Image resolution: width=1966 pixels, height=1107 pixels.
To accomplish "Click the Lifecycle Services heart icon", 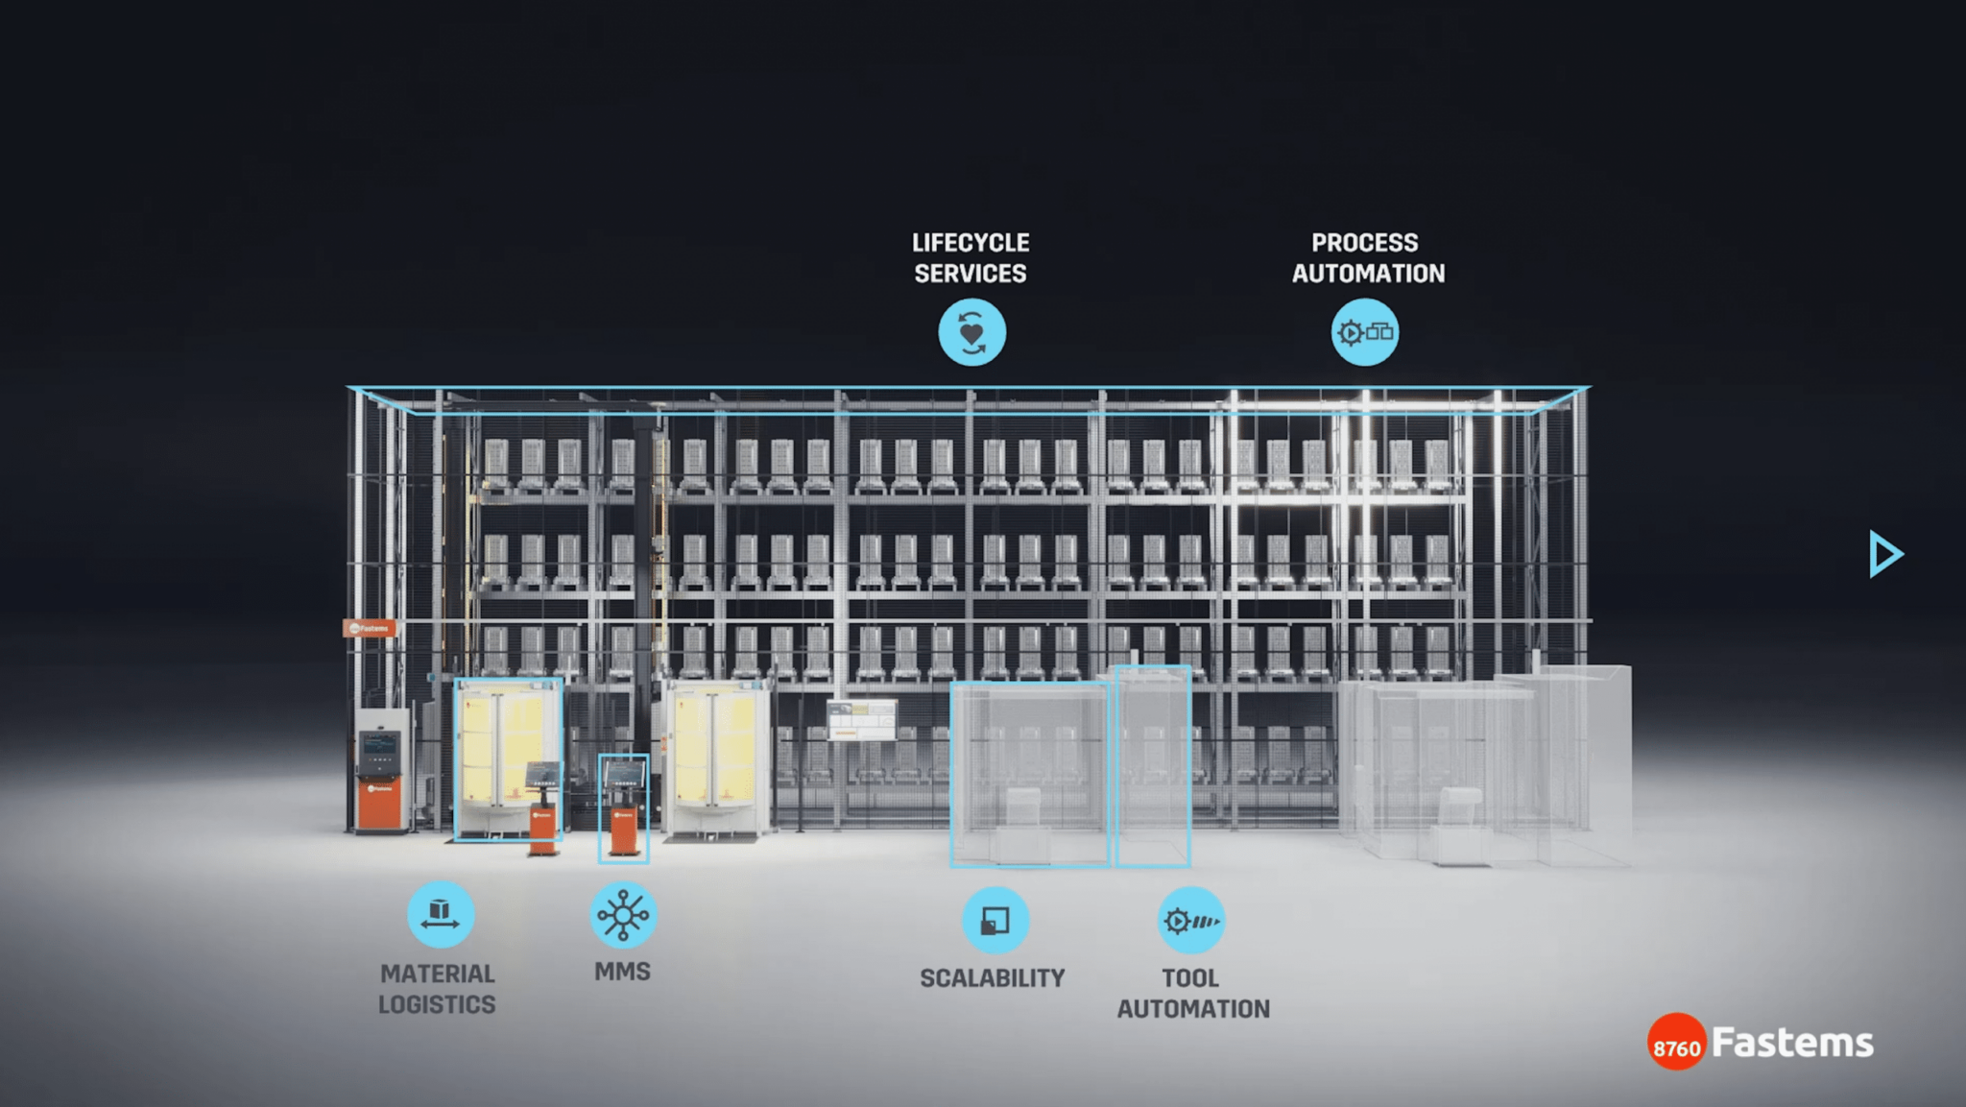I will pyautogui.click(x=971, y=332).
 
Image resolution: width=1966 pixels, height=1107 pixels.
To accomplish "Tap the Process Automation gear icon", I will pyautogui.click(x=1364, y=332).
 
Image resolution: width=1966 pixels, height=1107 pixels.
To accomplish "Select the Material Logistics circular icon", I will pyautogui.click(x=441, y=914).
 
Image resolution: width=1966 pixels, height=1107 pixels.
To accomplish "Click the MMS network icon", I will pyautogui.click(x=623, y=914).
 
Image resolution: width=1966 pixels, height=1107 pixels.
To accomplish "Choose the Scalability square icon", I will pyautogui.click(x=995, y=920).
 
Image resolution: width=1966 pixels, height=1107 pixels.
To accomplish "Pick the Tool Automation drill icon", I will pyautogui.click(x=1190, y=921).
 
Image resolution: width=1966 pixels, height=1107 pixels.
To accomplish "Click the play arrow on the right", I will pyautogui.click(x=1885, y=554).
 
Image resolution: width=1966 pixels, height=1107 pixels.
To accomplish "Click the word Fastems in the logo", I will pyautogui.click(x=1792, y=1043).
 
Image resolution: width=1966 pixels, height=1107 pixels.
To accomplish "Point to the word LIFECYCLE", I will pyautogui.click(x=971, y=243).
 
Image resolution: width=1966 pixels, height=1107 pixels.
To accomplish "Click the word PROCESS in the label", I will pyautogui.click(x=1364, y=243).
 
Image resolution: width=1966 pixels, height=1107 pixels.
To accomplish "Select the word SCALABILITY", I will pyautogui.click(x=993, y=978).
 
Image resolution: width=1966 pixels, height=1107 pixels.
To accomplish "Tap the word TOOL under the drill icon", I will pyautogui.click(x=1190, y=978).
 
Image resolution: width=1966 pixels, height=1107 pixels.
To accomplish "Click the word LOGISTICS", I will pyautogui.click(x=437, y=1004).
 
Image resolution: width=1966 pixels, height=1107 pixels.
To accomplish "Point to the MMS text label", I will pyautogui.click(x=622, y=972).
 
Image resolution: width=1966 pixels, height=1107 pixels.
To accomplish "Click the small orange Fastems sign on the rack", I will pyautogui.click(x=370, y=629).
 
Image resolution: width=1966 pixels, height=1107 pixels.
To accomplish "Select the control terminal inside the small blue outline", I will pyautogui.click(x=624, y=806).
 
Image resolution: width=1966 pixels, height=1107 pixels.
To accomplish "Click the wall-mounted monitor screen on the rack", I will pyautogui.click(x=861, y=720).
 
